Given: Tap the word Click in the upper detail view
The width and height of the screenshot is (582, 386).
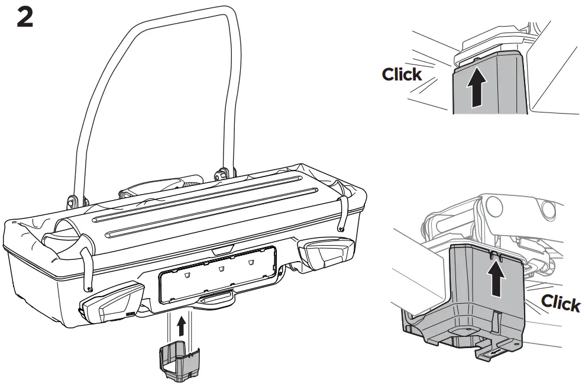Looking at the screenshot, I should point(402,74).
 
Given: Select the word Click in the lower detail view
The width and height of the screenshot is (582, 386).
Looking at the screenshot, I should point(561,303).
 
